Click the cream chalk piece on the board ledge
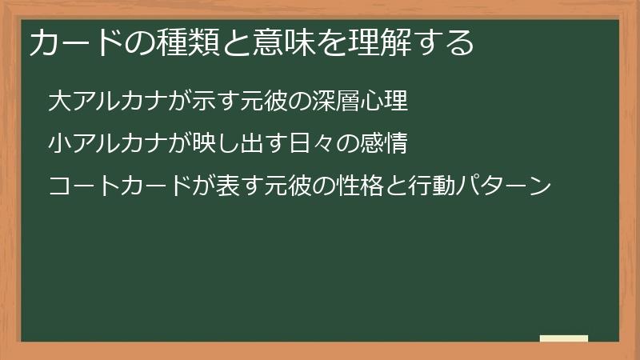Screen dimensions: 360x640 coord(564,338)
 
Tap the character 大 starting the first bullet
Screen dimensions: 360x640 coord(58,102)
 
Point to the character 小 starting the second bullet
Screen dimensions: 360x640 coord(58,144)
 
